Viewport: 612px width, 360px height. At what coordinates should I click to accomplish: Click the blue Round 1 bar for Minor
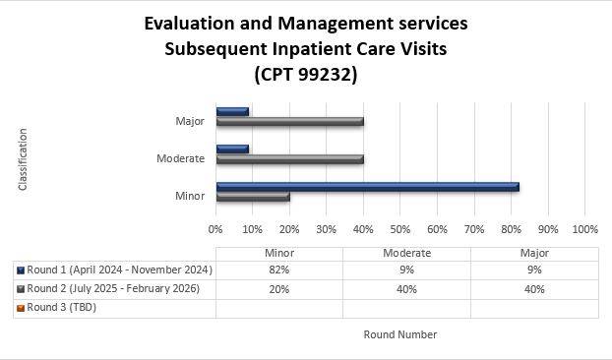tap(366, 186)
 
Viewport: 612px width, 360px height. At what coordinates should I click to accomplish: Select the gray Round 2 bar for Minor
tap(253, 196)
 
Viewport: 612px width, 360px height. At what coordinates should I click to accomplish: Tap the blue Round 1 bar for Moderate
tap(232, 149)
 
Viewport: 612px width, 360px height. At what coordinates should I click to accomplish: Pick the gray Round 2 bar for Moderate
tap(289, 158)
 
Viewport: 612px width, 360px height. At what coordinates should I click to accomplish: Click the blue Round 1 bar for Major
tap(232, 111)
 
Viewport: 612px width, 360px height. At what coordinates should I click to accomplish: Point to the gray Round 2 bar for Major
tap(289, 121)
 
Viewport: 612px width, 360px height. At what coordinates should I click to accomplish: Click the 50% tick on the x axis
tap(399, 229)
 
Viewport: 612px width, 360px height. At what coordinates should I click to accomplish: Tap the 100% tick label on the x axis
tap(584, 229)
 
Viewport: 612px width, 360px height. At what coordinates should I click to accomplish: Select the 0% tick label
tap(215, 229)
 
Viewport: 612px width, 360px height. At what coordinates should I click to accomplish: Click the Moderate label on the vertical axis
tap(180, 158)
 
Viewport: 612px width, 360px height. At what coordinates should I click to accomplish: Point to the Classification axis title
tap(23, 158)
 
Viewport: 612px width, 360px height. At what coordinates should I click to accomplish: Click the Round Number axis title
tap(399, 334)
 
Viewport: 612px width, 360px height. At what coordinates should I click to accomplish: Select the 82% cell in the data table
tap(278, 270)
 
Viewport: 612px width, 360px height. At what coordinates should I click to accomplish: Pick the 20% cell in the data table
tap(278, 289)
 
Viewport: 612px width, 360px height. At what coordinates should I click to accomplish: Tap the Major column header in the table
tap(534, 253)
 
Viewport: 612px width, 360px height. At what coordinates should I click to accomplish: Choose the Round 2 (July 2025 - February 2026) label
tap(113, 289)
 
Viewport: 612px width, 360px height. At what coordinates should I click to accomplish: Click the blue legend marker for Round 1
tap(20, 270)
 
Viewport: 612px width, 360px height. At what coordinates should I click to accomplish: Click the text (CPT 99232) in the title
tap(305, 73)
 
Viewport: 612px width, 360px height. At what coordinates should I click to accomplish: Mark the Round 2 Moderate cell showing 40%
tap(406, 289)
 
